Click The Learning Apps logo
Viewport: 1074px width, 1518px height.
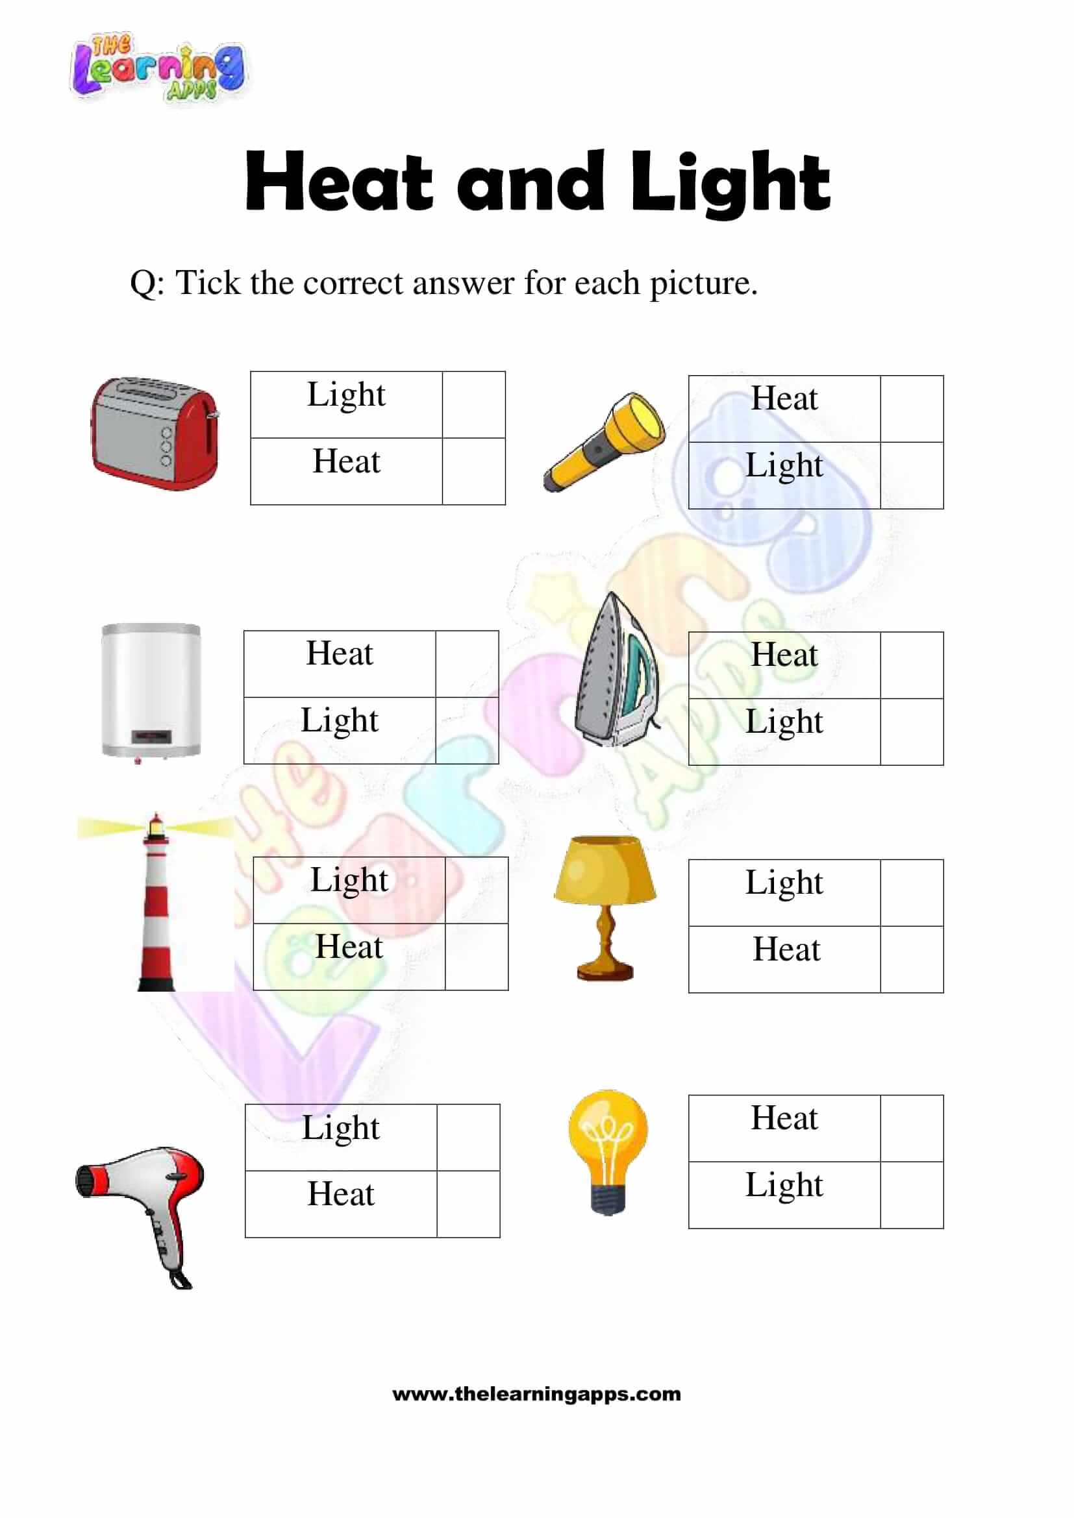tap(157, 67)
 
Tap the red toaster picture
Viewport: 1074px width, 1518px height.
tap(155, 433)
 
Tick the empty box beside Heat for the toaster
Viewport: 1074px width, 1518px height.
tap(473, 471)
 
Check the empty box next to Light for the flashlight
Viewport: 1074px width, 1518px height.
tap(911, 475)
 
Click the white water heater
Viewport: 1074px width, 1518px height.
tap(151, 691)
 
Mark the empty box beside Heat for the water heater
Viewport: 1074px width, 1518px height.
tap(467, 664)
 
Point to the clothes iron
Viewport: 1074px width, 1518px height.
tap(616, 670)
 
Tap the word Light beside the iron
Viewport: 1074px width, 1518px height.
tap(784, 721)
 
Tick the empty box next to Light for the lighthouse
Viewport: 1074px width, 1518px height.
tap(476, 890)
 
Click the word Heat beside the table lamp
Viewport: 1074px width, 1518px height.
tap(786, 949)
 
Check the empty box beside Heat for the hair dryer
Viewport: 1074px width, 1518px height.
tap(468, 1204)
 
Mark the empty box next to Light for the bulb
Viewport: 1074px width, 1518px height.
tap(911, 1195)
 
